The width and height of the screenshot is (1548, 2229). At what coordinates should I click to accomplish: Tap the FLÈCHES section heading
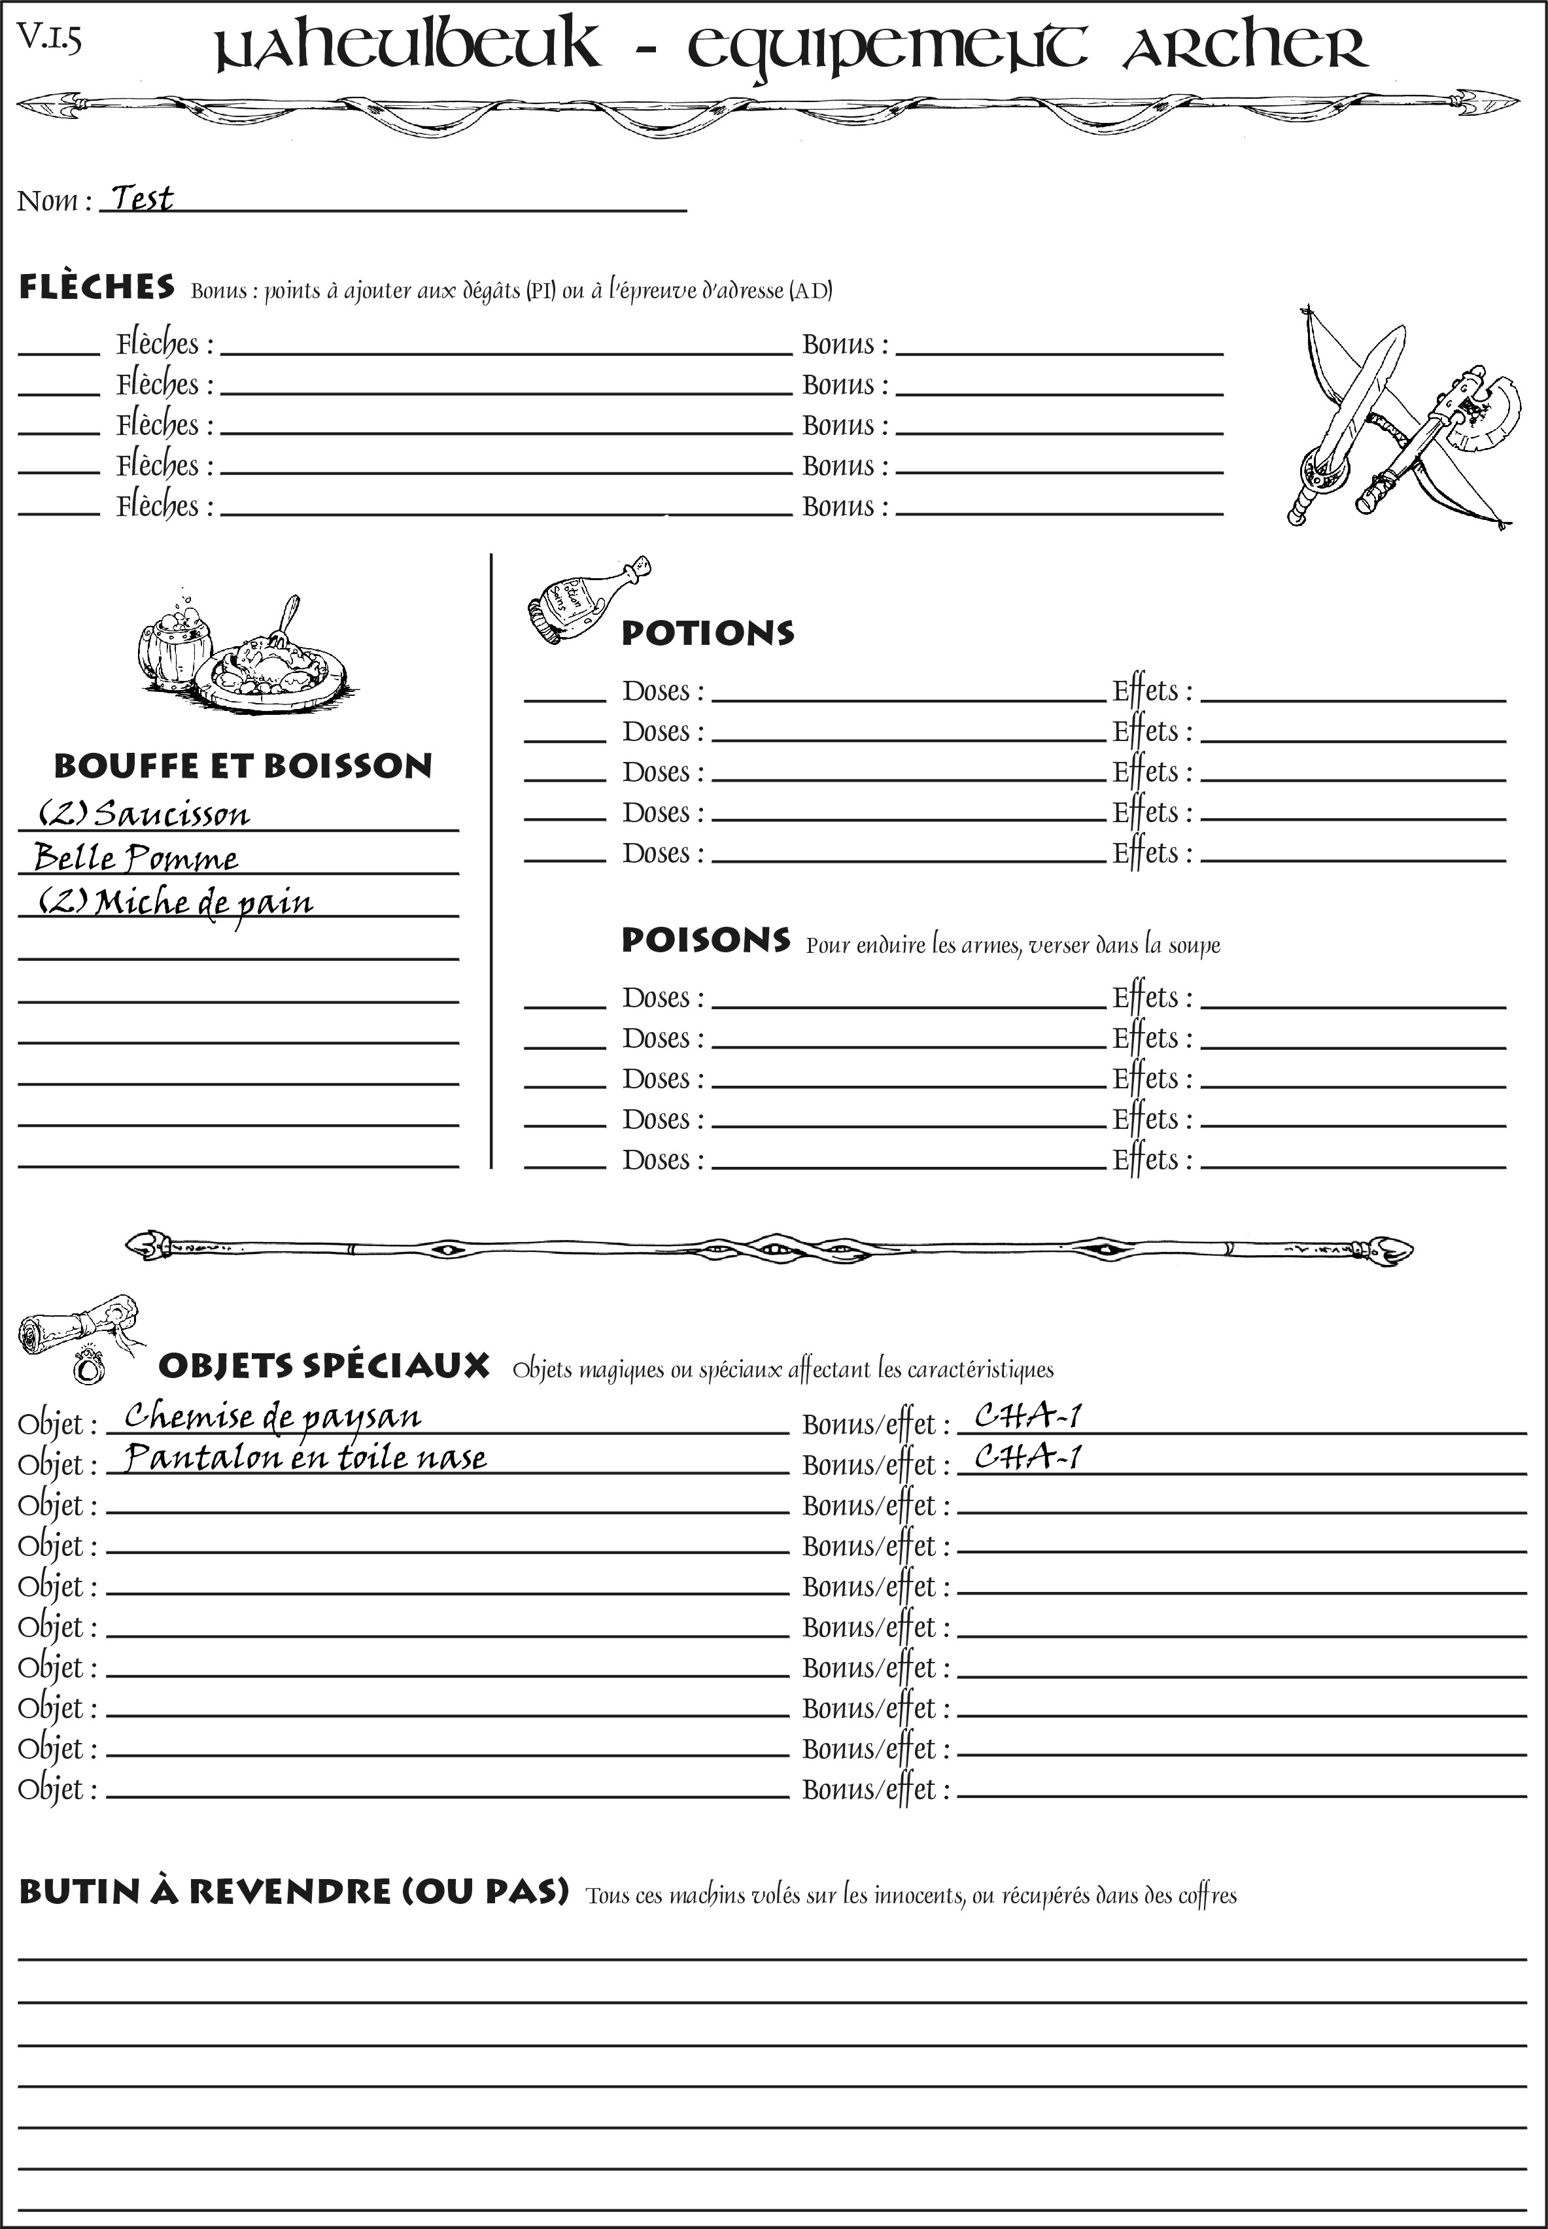(97, 287)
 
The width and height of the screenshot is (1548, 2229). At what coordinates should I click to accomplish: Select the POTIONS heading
(707, 633)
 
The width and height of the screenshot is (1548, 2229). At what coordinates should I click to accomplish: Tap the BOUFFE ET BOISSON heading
(243, 767)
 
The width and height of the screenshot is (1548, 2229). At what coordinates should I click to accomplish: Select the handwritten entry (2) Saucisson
(143, 813)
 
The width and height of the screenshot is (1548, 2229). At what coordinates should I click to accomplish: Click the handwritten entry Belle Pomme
(136, 857)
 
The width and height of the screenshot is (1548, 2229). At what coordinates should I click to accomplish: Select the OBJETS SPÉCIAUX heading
(323, 1366)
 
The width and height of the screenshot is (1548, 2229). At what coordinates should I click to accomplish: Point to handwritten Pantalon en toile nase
(305, 1458)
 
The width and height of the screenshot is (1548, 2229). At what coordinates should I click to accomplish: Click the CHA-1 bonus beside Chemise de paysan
(1027, 1417)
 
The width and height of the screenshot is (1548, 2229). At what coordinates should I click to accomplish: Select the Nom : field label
(54, 201)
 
